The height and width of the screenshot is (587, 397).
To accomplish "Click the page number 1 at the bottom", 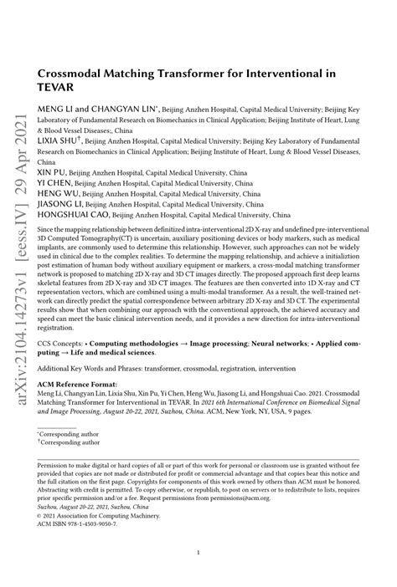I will pos(198,554).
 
